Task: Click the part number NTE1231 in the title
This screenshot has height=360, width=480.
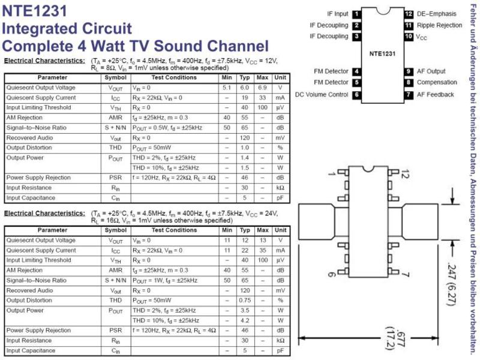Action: click(x=34, y=10)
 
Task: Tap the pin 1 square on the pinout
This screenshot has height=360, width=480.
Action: click(x=356, y=14)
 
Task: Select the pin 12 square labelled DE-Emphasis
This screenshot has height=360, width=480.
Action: click(x=409, y=14)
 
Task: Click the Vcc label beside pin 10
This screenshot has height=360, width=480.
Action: click(x=421, y=37)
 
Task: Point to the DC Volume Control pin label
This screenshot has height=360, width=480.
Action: click(x=322, y=95)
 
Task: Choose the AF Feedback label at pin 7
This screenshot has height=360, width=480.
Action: click(x=436, y=95)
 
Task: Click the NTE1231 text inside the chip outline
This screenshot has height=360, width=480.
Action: click(x=382, y=54)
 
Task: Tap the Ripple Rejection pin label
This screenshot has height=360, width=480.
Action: click(x=439, y=25)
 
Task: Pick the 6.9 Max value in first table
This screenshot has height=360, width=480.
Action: click(x=262, y=88)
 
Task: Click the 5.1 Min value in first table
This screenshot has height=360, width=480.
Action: click(x=227, y=88)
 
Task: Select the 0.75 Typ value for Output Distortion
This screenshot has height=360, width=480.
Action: click(x=245, y=301)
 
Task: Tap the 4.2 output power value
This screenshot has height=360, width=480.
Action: click(x=245, y=320)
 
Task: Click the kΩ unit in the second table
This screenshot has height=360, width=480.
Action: click(x=280, y=340)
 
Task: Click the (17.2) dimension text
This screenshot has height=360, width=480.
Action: click(x=389, y=338)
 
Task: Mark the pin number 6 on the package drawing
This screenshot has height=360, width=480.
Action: click(x=332, y=274)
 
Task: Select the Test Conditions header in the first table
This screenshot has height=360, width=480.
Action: click(x=174, y=77)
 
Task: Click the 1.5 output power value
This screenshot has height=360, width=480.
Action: click(x=245, y=168)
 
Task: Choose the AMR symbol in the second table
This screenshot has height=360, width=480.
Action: click(x=115, y=271)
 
